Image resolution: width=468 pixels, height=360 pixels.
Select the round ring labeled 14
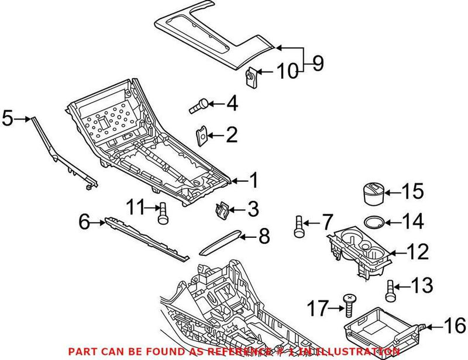tap(374, 222)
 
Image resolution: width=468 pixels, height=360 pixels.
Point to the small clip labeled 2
tap(202, 136)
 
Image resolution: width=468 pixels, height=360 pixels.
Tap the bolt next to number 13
tap(390, 289)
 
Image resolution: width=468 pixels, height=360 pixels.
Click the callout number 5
tap(7, 117)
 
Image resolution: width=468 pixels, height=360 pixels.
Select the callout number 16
tap(455, 325)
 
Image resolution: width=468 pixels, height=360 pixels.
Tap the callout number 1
tap(253, 182)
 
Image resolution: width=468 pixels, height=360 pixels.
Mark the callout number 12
tap(417, 252)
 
